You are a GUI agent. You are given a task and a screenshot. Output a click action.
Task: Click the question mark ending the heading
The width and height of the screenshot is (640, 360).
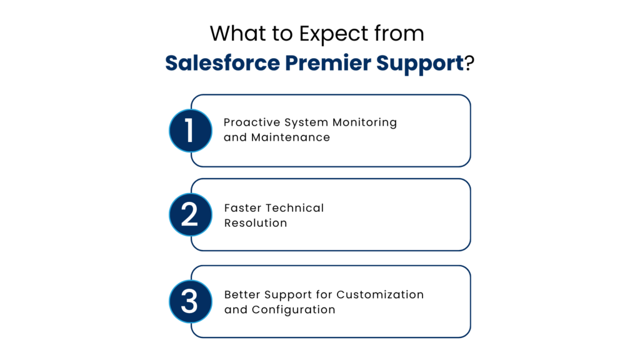tap(468, 64)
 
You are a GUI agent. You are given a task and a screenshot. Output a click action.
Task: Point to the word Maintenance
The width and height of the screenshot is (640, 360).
tap(291, 137)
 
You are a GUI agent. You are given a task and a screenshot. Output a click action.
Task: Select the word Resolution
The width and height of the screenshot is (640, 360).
tap(256, 223)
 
